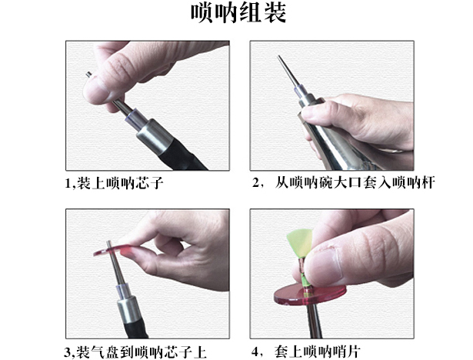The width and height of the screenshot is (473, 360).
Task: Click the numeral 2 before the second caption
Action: [256, 184]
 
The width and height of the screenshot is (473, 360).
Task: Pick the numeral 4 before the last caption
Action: [256, 352]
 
